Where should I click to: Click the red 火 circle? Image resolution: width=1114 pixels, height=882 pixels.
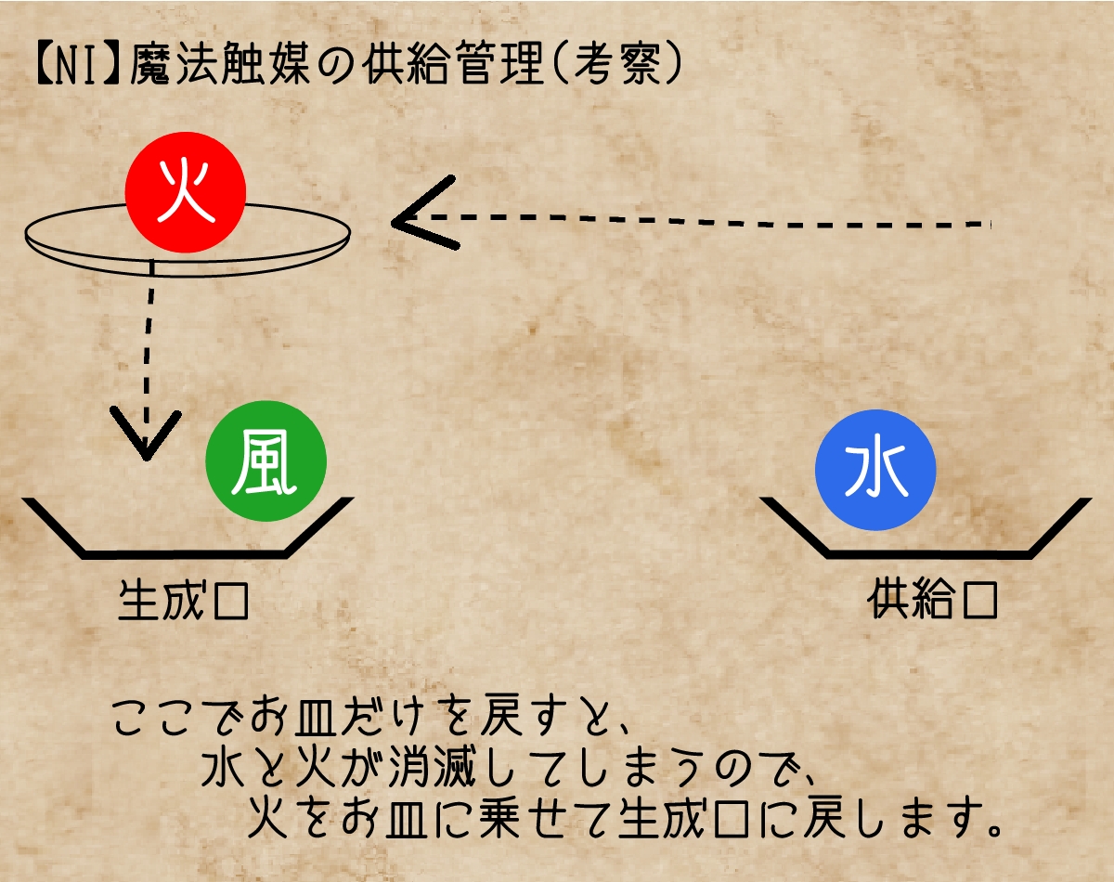186,192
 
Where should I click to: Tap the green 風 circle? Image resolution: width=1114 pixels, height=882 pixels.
266,460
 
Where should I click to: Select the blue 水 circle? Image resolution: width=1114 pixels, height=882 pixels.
875,470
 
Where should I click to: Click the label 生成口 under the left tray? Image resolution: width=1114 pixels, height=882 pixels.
184,601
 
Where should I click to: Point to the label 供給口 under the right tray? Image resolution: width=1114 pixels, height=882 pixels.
932,600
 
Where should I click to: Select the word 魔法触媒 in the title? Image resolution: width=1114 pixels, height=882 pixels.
220,65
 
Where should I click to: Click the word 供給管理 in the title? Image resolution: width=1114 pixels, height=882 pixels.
453,65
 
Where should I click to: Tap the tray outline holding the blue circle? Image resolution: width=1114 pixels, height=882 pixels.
926,554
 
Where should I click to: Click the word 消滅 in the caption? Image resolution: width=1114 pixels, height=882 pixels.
433,766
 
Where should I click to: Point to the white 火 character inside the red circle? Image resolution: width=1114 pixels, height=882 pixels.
186,190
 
